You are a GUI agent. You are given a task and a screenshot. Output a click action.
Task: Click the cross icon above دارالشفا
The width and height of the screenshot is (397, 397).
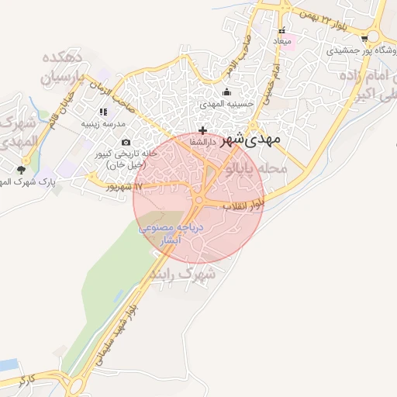203,130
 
